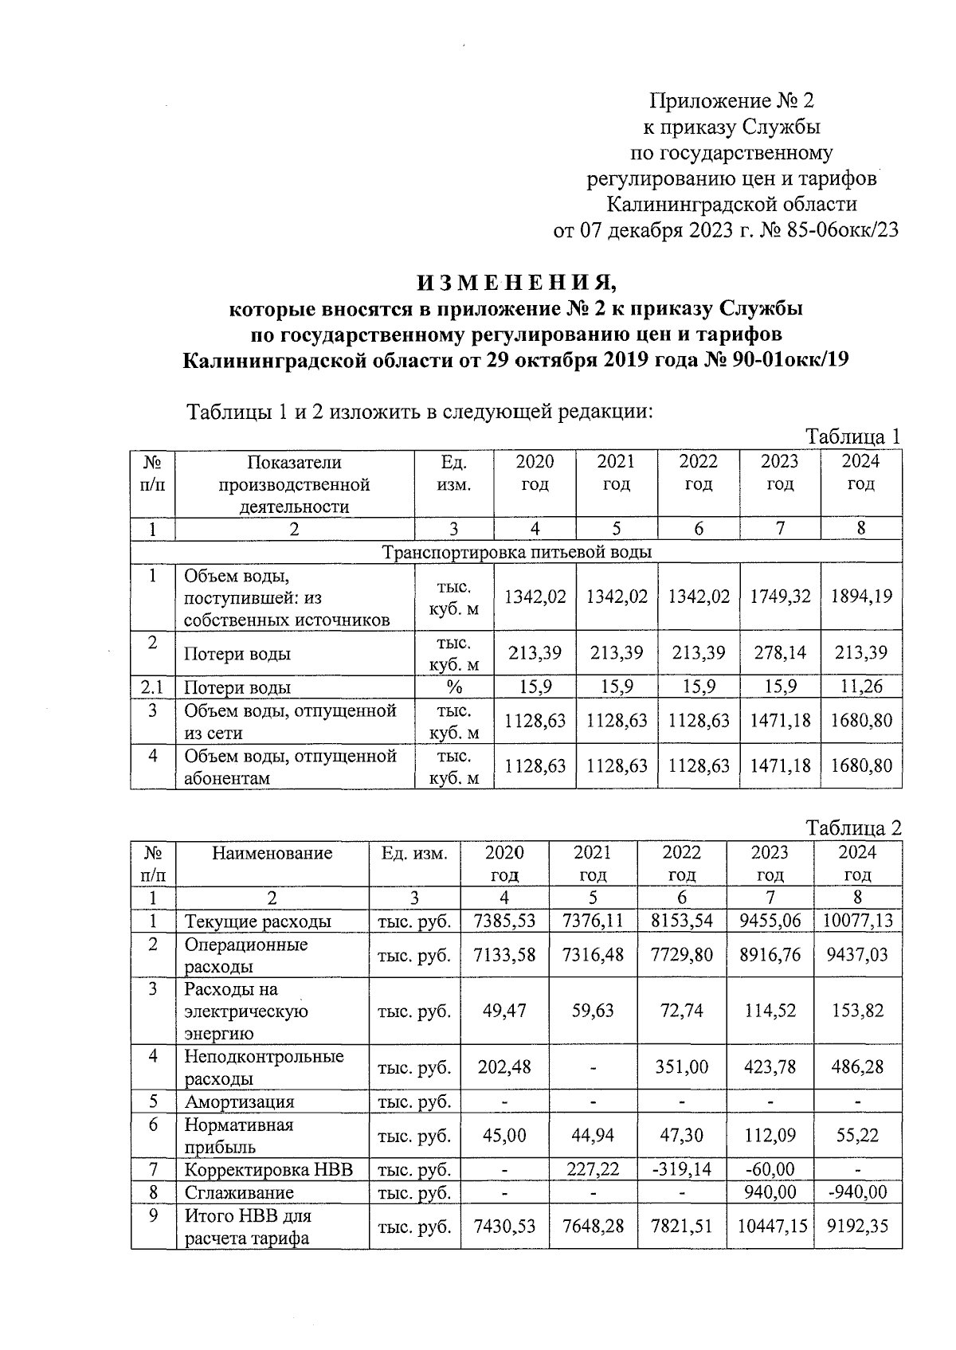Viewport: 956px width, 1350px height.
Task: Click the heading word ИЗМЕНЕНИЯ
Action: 516,282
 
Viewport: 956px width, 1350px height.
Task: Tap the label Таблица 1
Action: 852,436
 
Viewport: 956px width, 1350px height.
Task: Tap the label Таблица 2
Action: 852,828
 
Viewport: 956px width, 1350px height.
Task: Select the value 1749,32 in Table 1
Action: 780,597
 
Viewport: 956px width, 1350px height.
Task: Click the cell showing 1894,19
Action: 861,597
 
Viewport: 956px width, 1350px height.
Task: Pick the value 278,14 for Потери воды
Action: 780,653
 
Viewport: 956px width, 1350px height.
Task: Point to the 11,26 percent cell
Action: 861,687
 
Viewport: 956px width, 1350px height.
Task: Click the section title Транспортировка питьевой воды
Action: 516,552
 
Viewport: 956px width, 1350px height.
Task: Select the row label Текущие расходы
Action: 257,922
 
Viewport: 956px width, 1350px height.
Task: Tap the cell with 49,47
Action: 504,1011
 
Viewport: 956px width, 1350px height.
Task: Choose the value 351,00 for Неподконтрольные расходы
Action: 682,1066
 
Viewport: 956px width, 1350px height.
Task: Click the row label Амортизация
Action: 239,1102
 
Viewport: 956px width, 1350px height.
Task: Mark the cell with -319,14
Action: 682,1169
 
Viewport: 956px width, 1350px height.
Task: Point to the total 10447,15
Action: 770,1227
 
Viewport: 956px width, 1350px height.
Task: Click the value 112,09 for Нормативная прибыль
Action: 770,1135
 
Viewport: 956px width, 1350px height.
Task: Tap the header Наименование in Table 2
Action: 272,853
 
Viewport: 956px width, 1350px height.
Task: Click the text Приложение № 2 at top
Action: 731,101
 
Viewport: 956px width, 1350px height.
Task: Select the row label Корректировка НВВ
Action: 268,1169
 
